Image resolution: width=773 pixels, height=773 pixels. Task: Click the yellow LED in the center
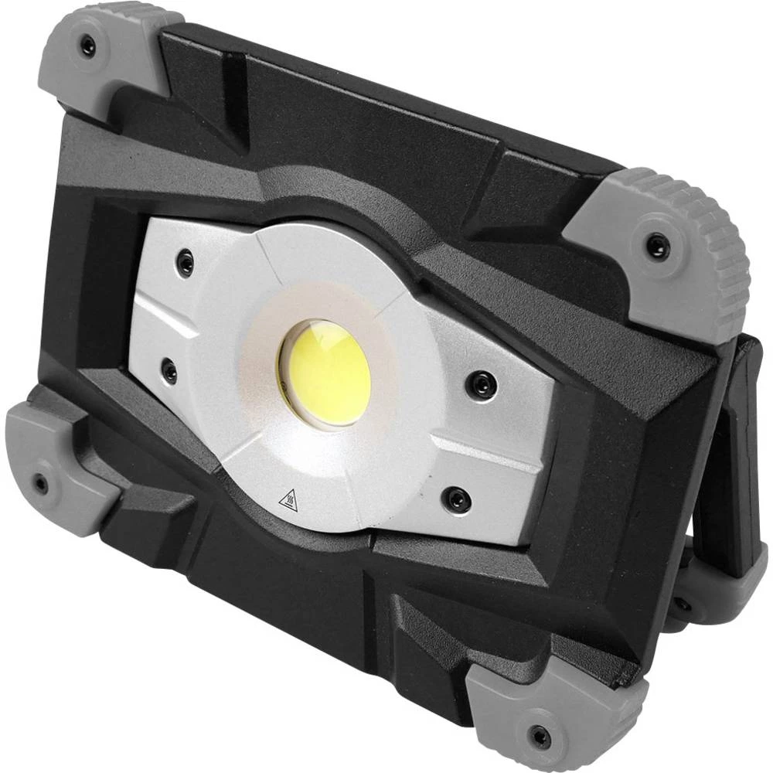tap(325, 372)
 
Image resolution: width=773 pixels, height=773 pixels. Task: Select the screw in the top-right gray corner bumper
tap(656, 247)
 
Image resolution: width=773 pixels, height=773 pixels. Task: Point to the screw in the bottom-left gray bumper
tap(41, 484)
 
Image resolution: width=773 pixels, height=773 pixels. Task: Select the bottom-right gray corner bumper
tap(541, 711)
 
